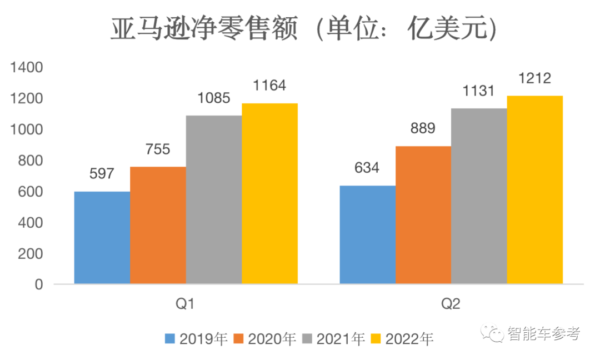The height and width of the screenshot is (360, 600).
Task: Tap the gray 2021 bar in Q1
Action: pyautogui.click(x=214, y=200)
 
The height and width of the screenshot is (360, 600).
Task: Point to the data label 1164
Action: pyautogui.click(x=269, y=86)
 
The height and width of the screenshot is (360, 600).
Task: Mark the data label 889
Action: pyautogui.click(x=423, y=128)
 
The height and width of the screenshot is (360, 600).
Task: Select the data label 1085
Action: pyautogui.click(x=214, y=99)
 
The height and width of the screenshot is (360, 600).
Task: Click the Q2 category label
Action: pyautogui.click(x=451, y=304)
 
